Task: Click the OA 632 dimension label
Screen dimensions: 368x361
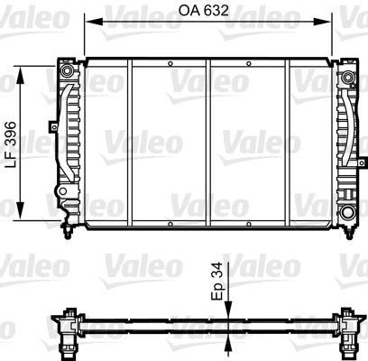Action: (204, 11)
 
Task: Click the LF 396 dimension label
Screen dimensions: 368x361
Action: (11, 144)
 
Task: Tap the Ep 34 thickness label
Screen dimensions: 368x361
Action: (217, 281)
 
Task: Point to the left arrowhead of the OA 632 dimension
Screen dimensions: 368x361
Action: (94, 22)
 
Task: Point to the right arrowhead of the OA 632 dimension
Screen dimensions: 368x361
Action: (322, 22)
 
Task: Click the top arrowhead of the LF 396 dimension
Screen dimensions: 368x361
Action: (20, 75)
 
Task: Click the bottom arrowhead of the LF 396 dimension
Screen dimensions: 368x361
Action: (20, 210)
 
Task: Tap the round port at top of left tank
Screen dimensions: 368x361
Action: (67, 70)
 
